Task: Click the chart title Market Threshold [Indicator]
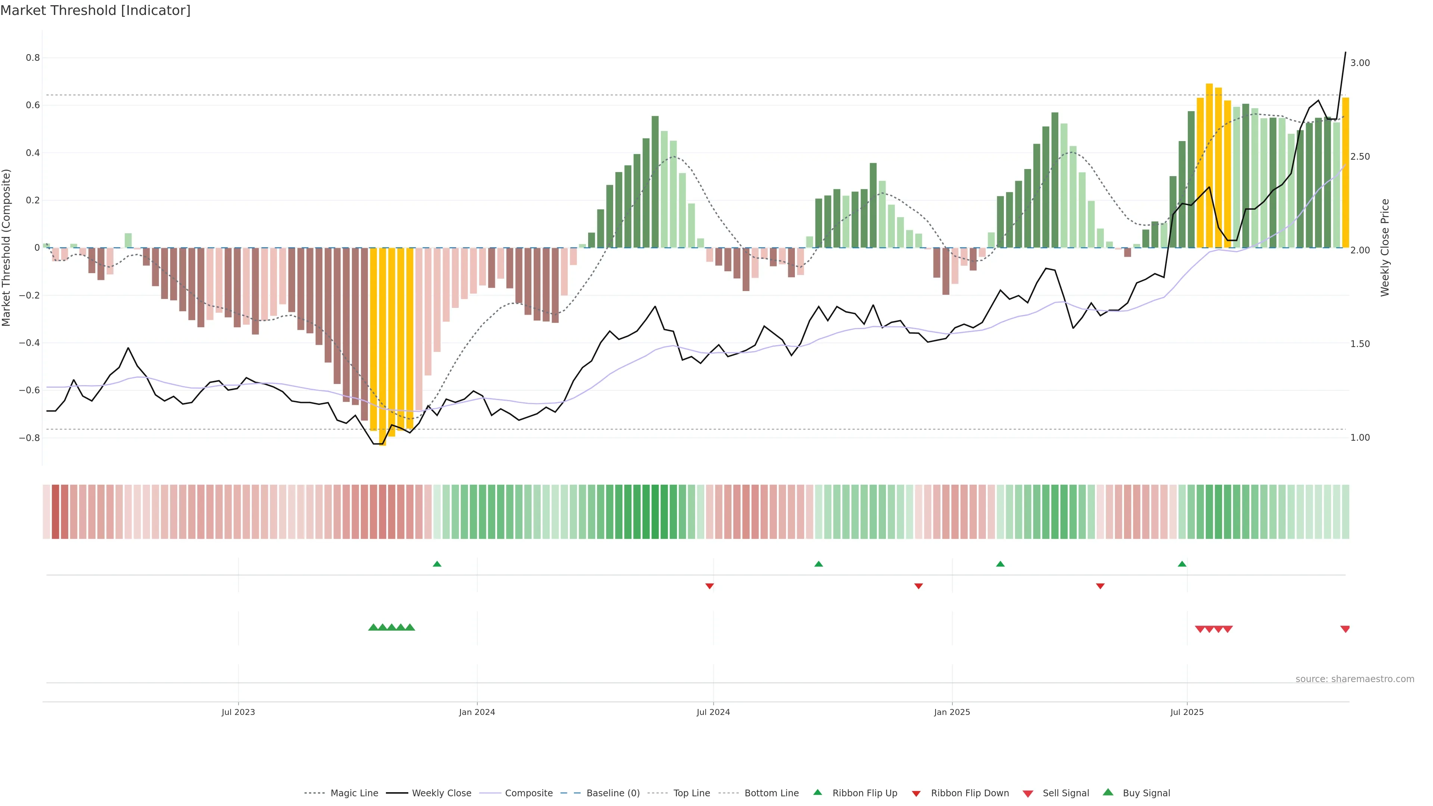pos(95,10)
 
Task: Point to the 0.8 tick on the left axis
pos(33,58)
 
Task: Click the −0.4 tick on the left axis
pos(29,343)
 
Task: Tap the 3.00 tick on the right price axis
pos(1360,63)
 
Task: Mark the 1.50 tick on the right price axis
pos(1360,344)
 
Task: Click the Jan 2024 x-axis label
pos(477,712)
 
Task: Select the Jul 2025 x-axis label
pos(1187,712)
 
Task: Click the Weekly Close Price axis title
pos(1385,247)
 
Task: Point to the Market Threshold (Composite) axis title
pos(7,247)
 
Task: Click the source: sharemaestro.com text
pos(1355,679)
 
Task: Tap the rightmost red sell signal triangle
pos(1345,629)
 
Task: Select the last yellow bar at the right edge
pos(1345,172)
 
